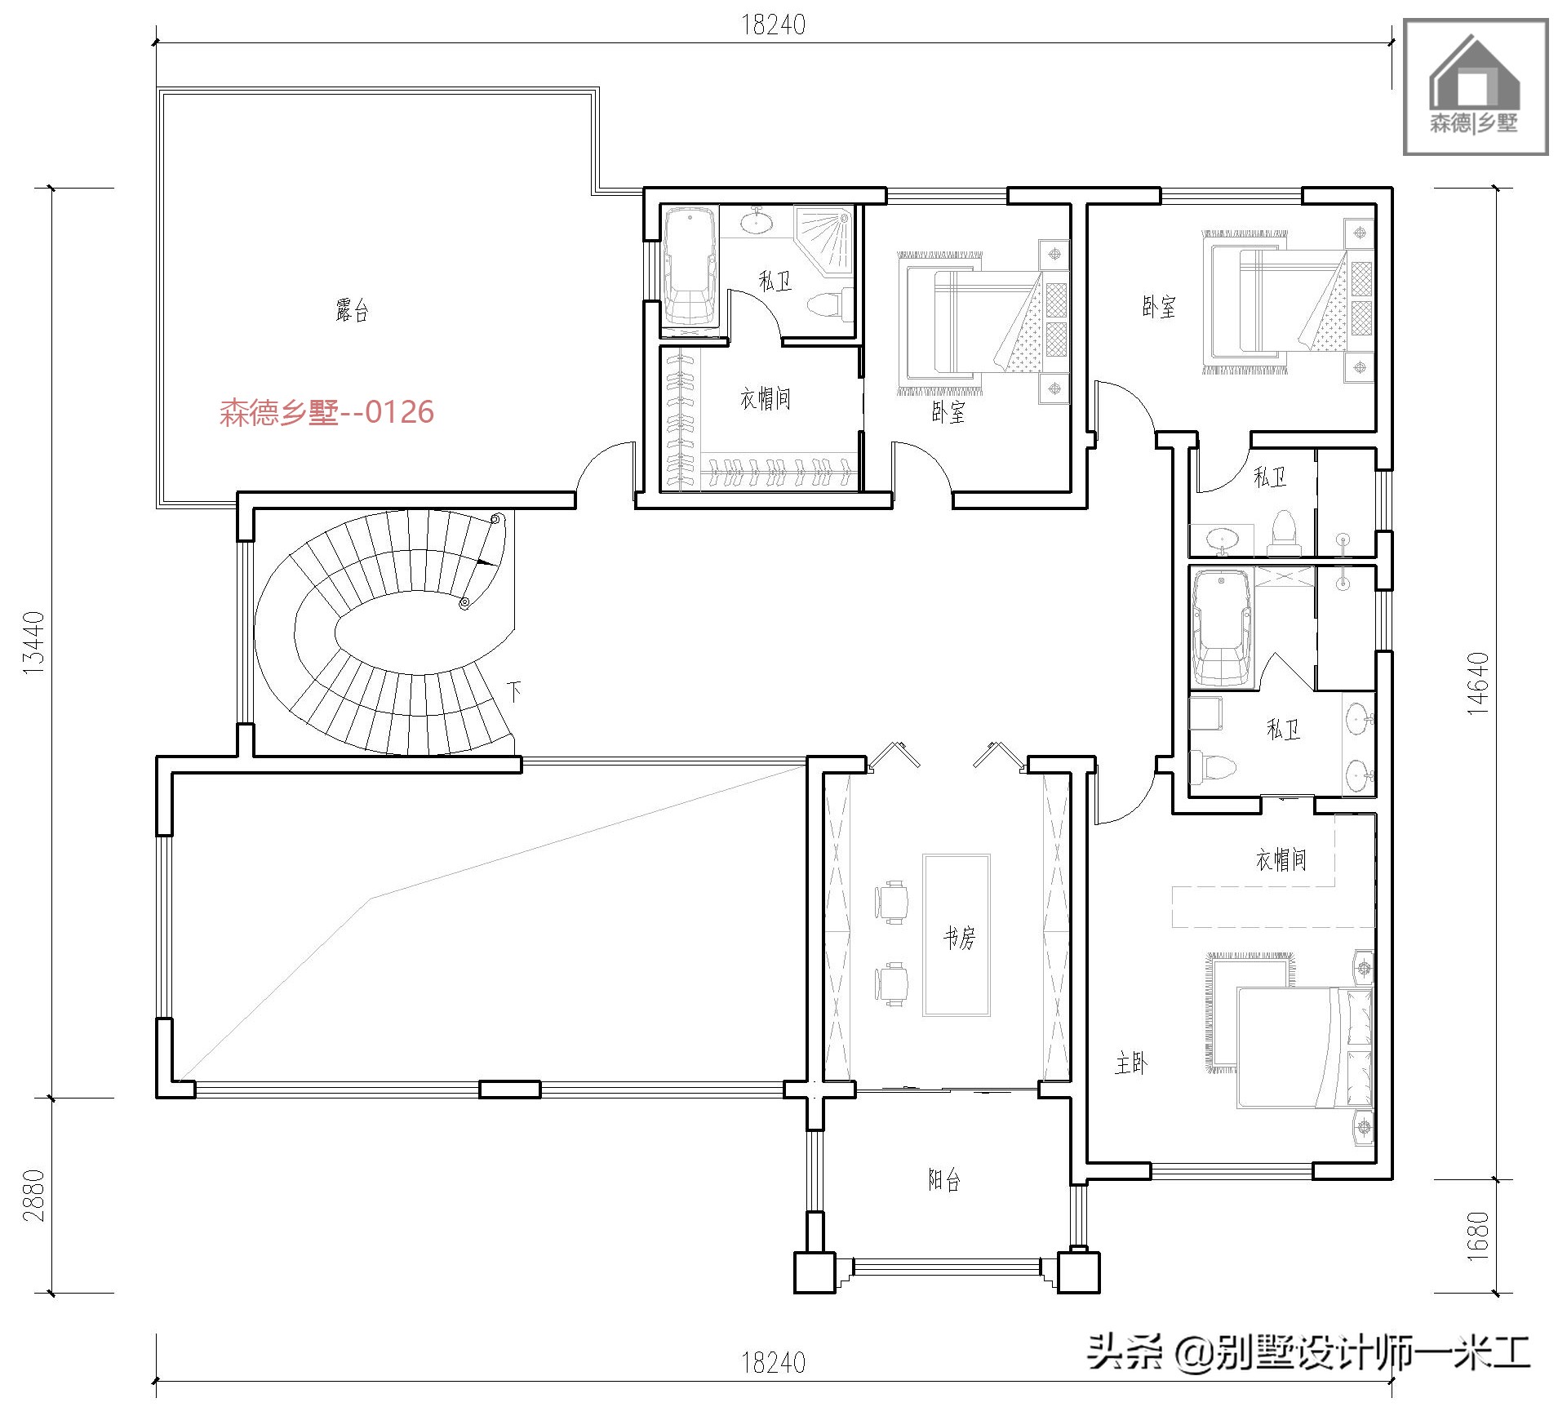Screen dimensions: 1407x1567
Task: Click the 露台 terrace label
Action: click(x=352, y=310)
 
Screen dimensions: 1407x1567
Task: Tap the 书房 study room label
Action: click(x=959, y=939)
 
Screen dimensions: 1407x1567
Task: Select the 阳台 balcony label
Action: click(x=944, y=1179)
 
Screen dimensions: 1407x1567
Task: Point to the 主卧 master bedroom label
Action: click(x=1131, y=1063)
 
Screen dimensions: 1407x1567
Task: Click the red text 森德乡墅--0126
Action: click(x=326, y=412)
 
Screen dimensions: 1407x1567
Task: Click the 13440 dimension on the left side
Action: click(x=33, y=642)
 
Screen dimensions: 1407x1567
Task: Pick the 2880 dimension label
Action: click(x=33, y=1195)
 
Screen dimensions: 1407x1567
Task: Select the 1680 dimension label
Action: click(x=1478, y=1236)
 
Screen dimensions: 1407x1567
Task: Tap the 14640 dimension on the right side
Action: click(x=1478, y=683)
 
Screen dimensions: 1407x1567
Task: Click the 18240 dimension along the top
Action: click(x=773, y=25)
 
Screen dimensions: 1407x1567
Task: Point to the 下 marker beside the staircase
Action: click(x=513, y=692)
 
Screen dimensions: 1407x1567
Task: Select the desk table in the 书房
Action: click(x=957, y=934)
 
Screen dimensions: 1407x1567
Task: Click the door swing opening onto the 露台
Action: click(x=604, y=472)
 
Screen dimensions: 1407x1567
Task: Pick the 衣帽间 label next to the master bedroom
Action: click(x=1281, y=859)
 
